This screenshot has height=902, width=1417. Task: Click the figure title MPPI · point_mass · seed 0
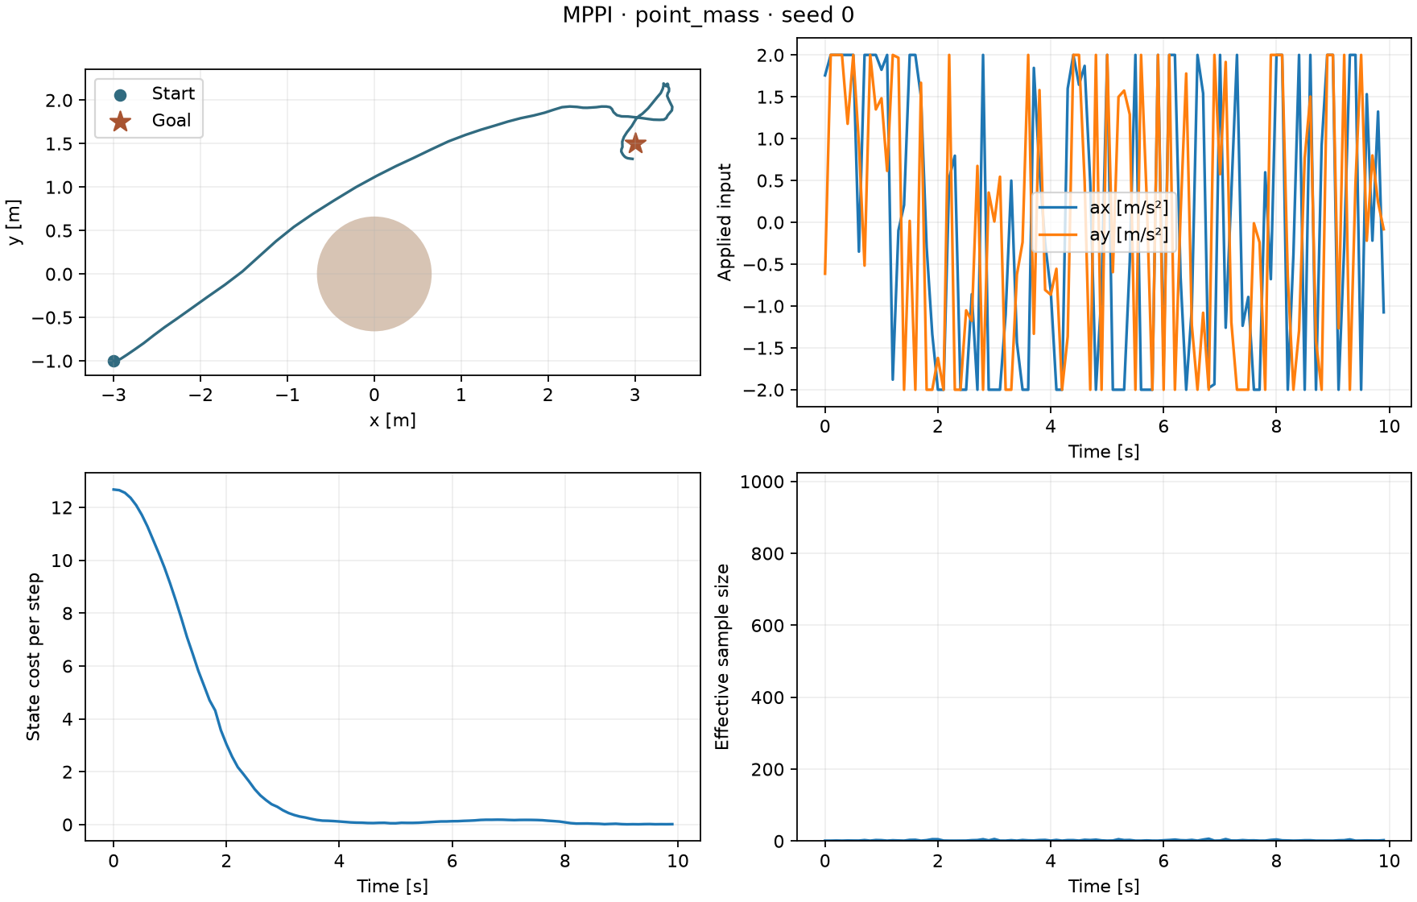(708, 15)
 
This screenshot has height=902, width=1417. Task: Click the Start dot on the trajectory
(114, 362)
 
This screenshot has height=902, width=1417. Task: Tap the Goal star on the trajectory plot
(635, 143)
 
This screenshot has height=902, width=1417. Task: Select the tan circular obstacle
(374, 274)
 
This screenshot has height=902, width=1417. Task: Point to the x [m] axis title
(393, 420)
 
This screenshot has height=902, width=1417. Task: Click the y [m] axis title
(14, 222)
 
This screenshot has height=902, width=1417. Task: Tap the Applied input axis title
(725, 222)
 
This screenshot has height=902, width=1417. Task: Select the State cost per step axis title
(34, 657)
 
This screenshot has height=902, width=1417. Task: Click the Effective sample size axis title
(722, 657)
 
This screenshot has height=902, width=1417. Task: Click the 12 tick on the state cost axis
(62, 507)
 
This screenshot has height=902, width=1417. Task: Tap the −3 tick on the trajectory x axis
(114, 395)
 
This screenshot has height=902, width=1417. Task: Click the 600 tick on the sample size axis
(768, 626)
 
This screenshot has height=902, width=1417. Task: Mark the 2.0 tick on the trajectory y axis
(59, 101)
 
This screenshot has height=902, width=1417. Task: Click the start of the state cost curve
(114, 489)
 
